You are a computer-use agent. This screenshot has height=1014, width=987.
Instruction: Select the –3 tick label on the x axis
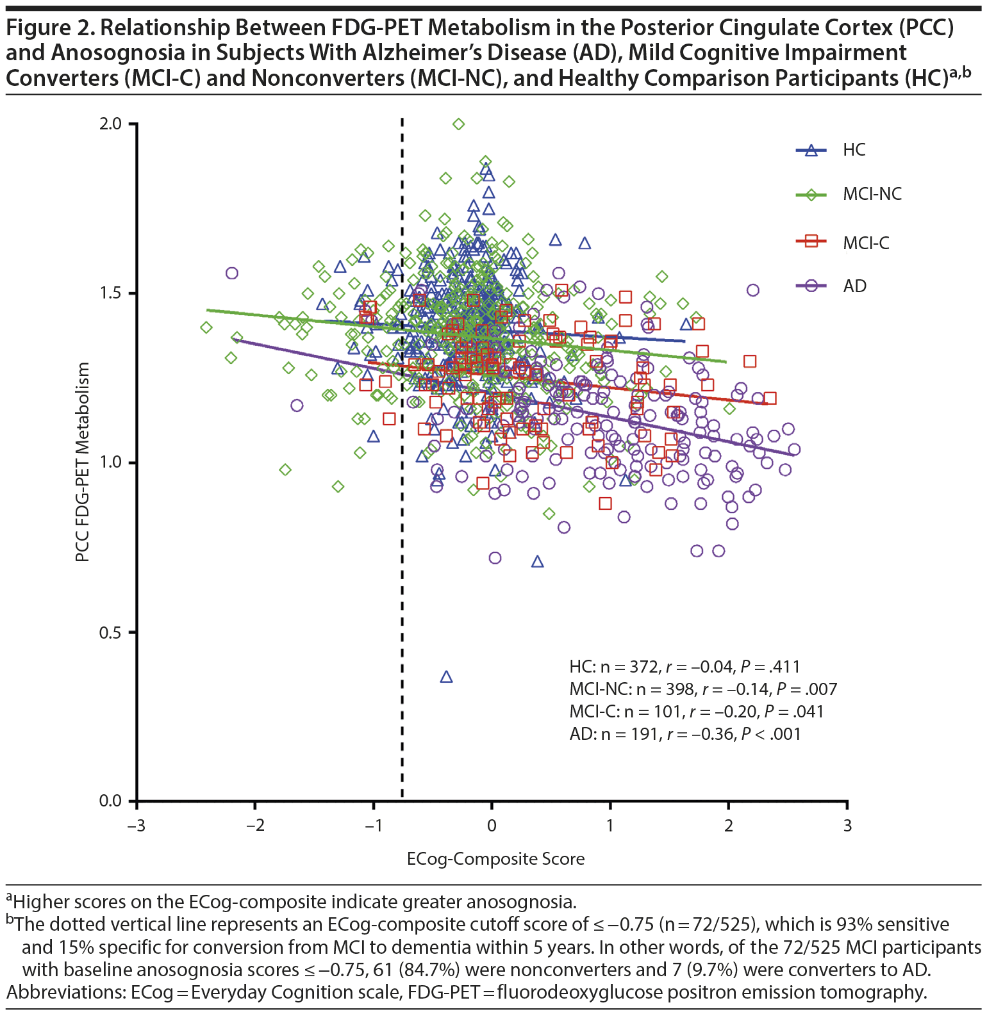click(135, 826)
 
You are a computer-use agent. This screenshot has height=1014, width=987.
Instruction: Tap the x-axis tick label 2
click(729, 826)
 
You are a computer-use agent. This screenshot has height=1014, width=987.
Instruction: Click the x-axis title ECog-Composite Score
click(495, 859)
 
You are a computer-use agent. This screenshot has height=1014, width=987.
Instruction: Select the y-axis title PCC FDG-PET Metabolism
click(82, 462)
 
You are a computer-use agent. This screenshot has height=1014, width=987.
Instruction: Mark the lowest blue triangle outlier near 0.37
click(447, 677)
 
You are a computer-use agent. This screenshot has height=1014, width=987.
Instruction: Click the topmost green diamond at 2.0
click(458, 124)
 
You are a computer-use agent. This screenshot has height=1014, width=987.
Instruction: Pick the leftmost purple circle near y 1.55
click(232, 273)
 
